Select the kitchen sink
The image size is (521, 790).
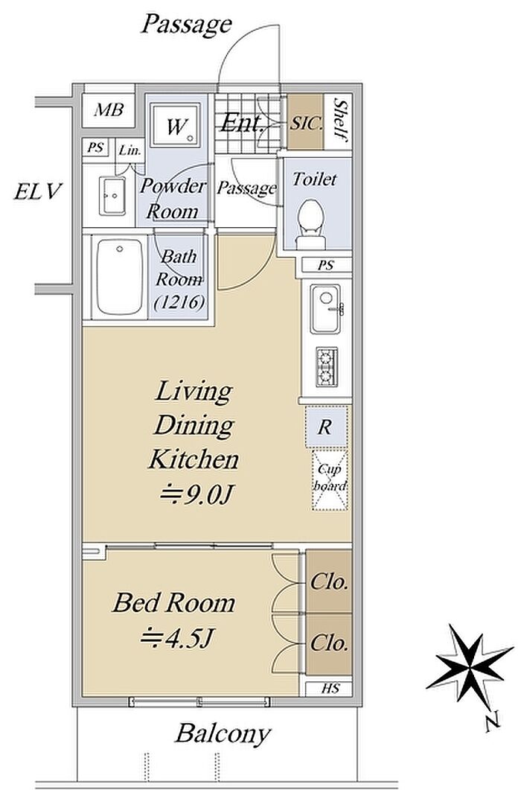pos(325,309)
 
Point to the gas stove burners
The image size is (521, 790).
pos(325,367)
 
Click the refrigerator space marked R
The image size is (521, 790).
pos(326,427)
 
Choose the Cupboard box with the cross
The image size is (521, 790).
pos(330,480)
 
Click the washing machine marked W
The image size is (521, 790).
pos(176,125)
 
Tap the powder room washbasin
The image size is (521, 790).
pos(112,196)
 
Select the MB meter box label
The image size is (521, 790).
pos(109,109)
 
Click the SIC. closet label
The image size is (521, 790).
pos(305,123)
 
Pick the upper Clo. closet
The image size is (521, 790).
pos(329,582)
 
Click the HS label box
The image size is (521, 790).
pos(329,688)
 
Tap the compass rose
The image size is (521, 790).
pos(469,665)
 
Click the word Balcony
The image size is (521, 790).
pos(223,734)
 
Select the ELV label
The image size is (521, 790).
pos(38,191)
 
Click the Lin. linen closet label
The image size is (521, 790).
pos(130,150)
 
